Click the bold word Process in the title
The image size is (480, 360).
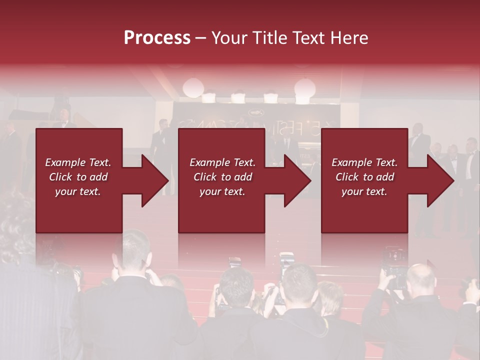pos(157,38)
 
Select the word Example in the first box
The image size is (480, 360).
pos(65,162)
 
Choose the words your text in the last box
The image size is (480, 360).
pos(364,191)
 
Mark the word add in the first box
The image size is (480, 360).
pos(98,177)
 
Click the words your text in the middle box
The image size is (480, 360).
pos(222,191)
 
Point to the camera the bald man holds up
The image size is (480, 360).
pos(395,260)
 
